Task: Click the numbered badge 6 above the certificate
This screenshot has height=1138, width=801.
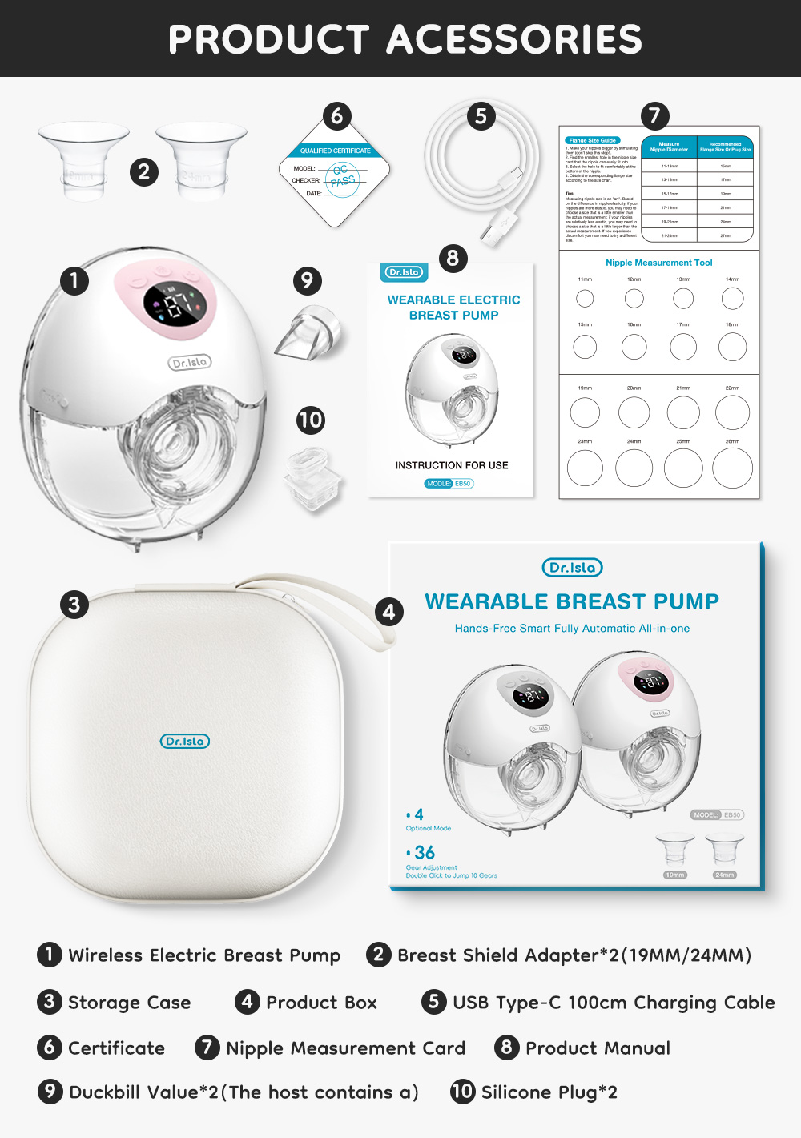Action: click(337, 116)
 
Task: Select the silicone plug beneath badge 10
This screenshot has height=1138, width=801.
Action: click(312, 477)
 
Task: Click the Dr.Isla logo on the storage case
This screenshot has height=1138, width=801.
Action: click(185, 742)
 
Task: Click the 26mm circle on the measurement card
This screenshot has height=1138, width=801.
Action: click(732, 468)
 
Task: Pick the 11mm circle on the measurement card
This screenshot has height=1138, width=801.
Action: click(586, 299)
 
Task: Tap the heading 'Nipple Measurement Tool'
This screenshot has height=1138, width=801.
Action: click(658, 263)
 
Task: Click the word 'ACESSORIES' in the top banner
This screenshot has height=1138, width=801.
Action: click(515, 39)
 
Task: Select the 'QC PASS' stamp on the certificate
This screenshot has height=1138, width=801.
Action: click(342, 176)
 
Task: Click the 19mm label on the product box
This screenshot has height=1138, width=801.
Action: click(675, 875)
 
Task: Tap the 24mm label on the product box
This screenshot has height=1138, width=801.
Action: click(724, 875)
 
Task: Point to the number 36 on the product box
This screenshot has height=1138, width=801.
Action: click(425, 853)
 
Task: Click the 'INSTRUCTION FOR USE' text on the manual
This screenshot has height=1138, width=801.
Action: click(452, 465)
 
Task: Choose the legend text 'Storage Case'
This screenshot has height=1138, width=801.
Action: click(129, 1003)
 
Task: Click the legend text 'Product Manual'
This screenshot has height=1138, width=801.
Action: click(598, 1048)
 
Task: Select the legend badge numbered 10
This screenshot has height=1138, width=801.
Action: click(462, 1092)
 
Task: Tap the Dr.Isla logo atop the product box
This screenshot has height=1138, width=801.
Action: click(572, 568)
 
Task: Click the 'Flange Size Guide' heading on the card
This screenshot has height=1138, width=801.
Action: click(593, 140)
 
